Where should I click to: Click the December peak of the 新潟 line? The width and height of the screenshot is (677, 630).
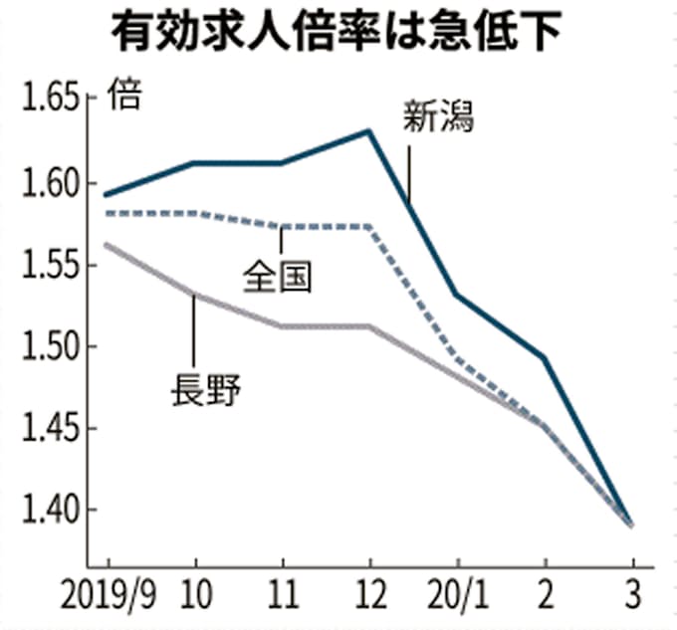369,130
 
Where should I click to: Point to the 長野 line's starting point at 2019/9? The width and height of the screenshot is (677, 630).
107,245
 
